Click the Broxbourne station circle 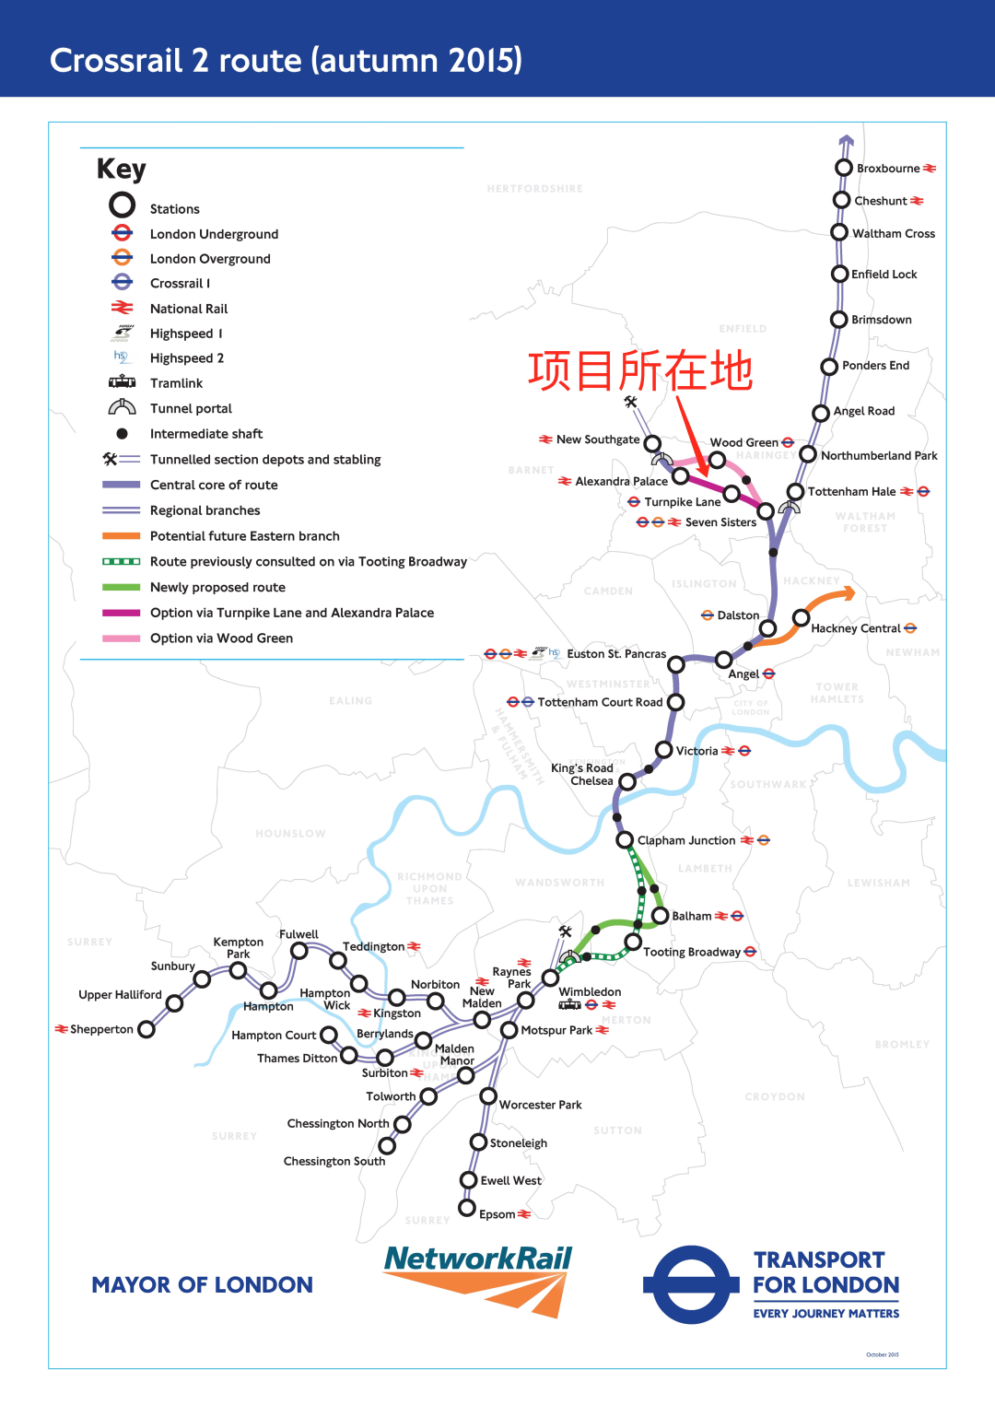[843, 168]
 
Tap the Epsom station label [497, 1214]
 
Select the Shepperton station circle [146, 1029]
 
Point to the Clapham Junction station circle [624, 840]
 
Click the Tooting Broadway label [691, 952]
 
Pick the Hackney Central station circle [802, 617]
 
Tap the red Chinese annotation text [640, 371]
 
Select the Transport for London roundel [691, 1284]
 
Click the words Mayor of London [202, 1285]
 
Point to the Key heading [122, 170]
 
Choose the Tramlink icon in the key [122, 382]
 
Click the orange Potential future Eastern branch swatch [122, 536]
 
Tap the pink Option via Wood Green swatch [122, 638]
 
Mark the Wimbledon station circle [551, 978]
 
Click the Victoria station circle [663, 750]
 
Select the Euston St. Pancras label [615, 654]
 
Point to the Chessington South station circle [387, 1145]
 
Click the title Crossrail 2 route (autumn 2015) [286, 60]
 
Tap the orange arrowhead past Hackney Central [847, 593]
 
